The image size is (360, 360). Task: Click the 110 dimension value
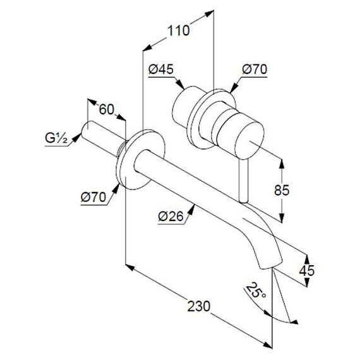pyautogui.click(x=179, y=30)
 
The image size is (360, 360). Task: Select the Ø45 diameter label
pyautogui.click(x=161, y=69)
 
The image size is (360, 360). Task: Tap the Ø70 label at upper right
pyautogui.click(x=255, y=69)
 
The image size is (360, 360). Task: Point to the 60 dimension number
pyautogui.click(x=107, y=109)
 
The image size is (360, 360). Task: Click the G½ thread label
pyautogui.click(x=56, y=138)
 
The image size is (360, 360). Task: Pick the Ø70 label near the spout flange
pyautogui.click(x=93, y=197)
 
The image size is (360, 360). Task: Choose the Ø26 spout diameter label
pyautogui.click(x=171, y=216)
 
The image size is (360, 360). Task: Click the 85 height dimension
pyautogui.click(x=282, y=190)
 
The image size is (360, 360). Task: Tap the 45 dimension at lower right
pyautogui.click(x=307, y=270)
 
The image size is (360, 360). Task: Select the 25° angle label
pyautogui.click(x=256, y=291)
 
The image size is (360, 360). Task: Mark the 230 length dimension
pyautogui.click(x=199, y=306)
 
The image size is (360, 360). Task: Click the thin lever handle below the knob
pyautogui.click(x=243, y=181)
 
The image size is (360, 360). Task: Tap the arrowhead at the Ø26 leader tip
pyautogui.click(x=191, y=209)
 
